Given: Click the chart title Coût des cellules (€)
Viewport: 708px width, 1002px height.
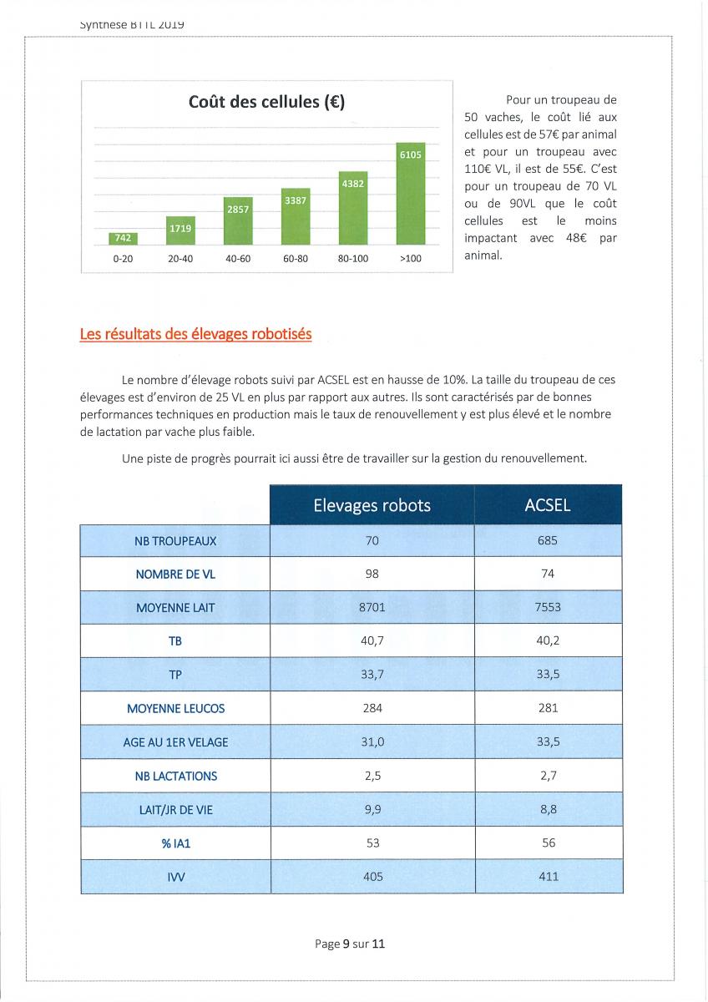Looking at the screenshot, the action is (x=266, y=102).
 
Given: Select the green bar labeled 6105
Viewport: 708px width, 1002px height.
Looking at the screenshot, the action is (x=410, y=194).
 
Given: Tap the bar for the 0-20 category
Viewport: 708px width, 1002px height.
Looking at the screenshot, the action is (x=123, y=239).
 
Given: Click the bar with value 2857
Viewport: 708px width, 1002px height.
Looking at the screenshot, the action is (x=238, y=221).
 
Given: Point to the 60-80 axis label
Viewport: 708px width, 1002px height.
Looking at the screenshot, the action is (x=296, y=259).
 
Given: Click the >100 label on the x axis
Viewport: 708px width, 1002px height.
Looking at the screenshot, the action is (x=410, y=259).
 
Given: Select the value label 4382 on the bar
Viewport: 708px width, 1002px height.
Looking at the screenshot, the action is (x=353, y=184).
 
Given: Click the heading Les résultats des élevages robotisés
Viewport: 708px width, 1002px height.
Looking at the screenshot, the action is (x=196, y=334).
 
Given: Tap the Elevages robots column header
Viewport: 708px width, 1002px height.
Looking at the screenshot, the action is (x=372, y=505).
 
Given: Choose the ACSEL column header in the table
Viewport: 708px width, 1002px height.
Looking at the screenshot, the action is (x=548, y=505).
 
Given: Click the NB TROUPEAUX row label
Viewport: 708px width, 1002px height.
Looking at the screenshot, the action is (x=175, y=541).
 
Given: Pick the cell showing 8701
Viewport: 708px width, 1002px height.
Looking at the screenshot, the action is (x=372, y=607).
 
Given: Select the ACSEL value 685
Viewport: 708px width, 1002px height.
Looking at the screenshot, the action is (x=548, y=540).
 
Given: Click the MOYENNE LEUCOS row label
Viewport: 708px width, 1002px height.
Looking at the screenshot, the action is (x=176, y=709).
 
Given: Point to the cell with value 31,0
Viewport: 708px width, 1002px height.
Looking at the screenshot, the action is (x=372, y=741).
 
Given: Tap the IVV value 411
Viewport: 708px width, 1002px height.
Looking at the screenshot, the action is (x=549, y=876).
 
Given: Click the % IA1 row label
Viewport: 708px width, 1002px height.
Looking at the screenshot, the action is (x=176, y=843).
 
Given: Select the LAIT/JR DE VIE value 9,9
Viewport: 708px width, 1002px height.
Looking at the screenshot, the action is (x=372, y=809).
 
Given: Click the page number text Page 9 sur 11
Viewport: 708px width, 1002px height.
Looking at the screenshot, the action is (x=350, y=944).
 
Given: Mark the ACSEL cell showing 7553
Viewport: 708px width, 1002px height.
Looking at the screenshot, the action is (x=548, y=607).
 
